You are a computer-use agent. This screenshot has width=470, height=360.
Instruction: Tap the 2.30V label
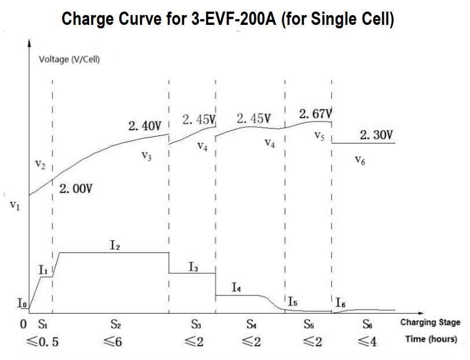tap(376, 135)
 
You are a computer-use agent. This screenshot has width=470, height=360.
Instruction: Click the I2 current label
tap(115, 245)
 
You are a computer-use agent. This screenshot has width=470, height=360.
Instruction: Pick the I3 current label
tap(193, 267)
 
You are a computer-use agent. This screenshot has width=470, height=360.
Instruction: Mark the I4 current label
tap(237, 287)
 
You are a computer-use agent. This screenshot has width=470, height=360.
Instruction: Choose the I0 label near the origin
tap(21, 303)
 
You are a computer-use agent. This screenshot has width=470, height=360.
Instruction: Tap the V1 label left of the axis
tap(16, 206)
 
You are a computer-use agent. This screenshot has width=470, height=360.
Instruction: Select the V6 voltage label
tap(359, 161)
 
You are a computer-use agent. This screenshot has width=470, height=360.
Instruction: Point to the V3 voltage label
tap(146, 156)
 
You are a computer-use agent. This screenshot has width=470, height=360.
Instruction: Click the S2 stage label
tap(115, 325)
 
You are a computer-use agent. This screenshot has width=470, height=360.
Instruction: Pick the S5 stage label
tap(309, 325)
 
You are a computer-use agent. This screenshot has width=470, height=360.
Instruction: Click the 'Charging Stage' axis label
tap(430, 322)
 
